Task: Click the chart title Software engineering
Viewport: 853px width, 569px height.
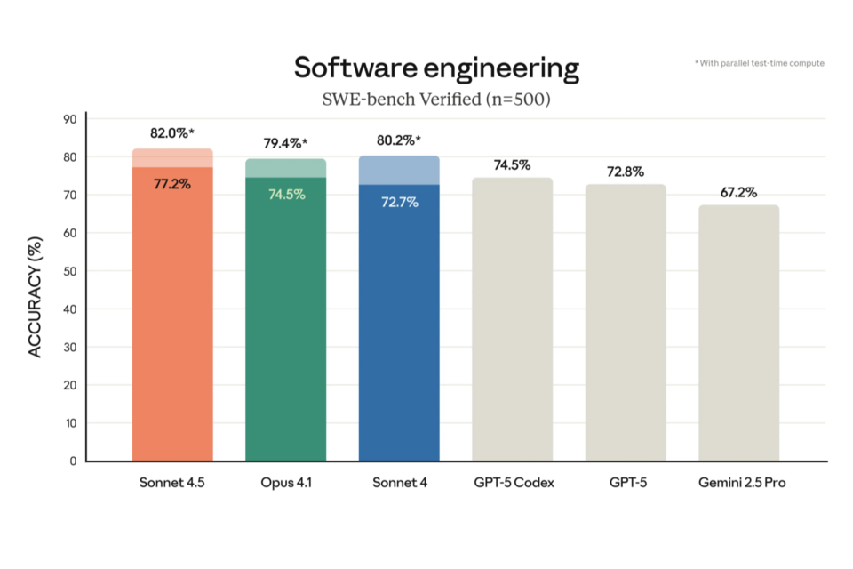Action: [x=436, y=68]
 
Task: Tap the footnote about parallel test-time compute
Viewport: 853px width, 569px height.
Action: [x=759, y=63]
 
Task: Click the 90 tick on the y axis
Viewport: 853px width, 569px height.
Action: [x=70, y=119]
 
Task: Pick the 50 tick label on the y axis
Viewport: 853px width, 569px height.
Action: [x=70, y=271]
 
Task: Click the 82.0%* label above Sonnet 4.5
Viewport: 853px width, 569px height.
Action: [x=171, y=133]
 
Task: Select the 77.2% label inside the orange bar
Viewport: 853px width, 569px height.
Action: [x=171, y=185]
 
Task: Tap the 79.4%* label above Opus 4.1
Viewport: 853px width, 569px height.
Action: [x=285, y=142]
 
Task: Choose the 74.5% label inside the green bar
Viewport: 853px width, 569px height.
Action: [x=286, y=194]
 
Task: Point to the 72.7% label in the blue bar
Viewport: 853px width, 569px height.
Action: [x=399, y=202]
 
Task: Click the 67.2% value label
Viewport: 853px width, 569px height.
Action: [x=738, y=192]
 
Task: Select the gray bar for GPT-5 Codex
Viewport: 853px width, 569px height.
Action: [x=513, y=320]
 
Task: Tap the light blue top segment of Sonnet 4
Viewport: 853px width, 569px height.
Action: [x=399, y=170]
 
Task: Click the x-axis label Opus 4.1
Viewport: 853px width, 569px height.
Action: [x=285, y=484]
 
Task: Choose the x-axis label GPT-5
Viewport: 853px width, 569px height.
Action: [x=626, y=484]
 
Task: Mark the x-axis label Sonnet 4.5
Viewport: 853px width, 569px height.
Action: [x=171, y=484]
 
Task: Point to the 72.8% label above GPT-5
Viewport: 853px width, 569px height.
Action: [x=626, y=172]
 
